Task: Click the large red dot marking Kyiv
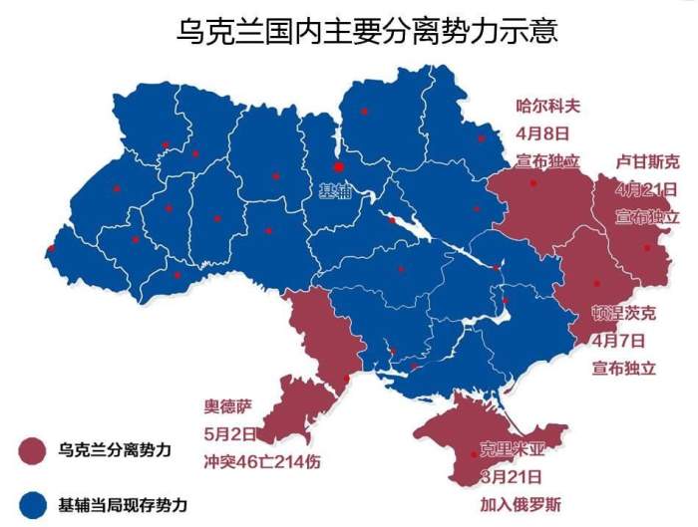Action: point(338,167)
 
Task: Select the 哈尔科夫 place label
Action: point(547,105)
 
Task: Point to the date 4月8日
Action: point(541,132)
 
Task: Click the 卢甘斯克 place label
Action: point(647,162)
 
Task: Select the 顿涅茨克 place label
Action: point(624,313)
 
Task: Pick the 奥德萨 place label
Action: point(223,407)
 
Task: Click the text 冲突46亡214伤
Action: point(254,461)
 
